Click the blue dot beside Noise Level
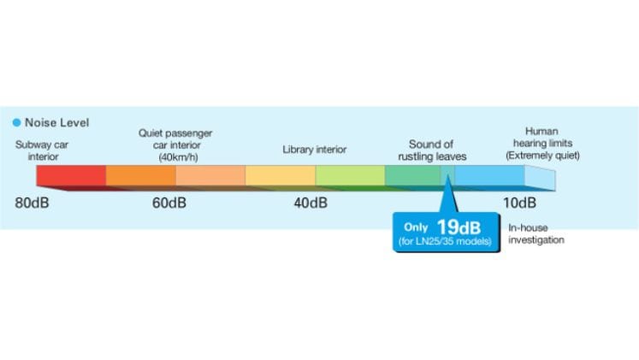click(x=17, y=122)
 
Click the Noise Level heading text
click(x=57, y=122)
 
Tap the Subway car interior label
click(x=42, y=150)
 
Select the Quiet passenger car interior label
click(x=175, y=145)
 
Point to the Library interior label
click(x=315, y=150)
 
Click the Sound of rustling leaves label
click(x=432, y=150)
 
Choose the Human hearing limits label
click(x=542, y=144)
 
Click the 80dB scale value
click(x=32, y=203)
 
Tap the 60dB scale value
click(x=169, y=203)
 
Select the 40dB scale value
click(x=311, y=203)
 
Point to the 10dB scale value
click(x=519, y=203)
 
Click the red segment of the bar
click(x=71, y=175)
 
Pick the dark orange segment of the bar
click(x=141, y=175)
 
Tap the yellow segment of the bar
click(x=281, y=175)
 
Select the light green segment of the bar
click(x=350, y=175)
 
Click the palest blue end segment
click(x=540, y=178)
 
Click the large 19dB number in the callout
click(x=459, y=227)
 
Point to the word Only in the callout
click(x=416, y=227)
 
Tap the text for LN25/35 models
click(x=445, y=241)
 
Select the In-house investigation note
click(x=536, y=233)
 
